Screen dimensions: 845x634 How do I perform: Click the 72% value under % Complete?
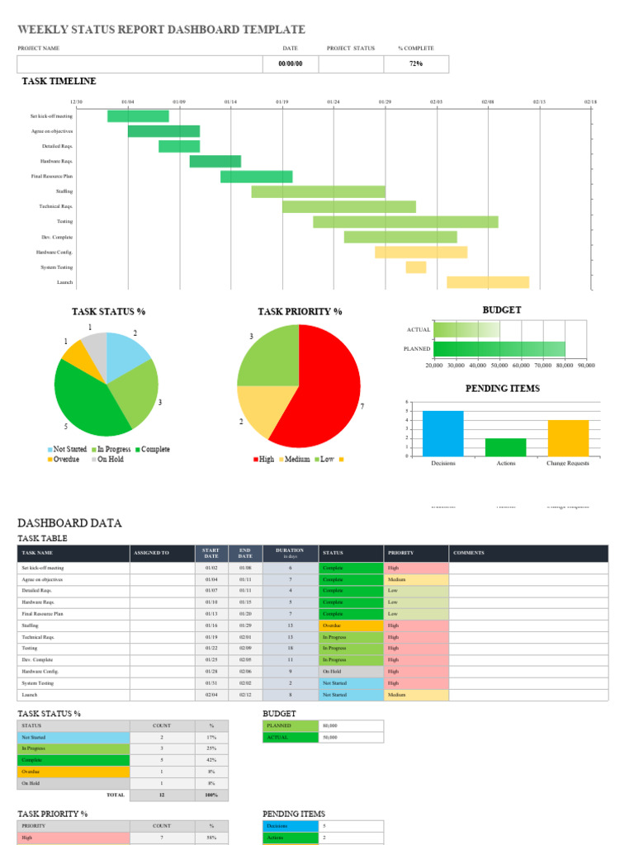[x=416, y=64]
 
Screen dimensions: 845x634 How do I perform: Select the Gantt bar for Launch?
[x=488, y=282]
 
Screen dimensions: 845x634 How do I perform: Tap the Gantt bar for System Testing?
[x=416, y=267]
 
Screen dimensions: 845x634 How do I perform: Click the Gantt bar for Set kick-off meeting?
[x=138, y=116]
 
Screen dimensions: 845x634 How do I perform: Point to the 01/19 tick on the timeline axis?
[x=282, y=101]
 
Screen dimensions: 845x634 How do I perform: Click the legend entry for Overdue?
[x=64, y=459]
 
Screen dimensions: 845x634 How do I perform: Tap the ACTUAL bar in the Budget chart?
[x=466, y=329]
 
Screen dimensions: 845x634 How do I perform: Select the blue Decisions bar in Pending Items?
[x=443, y=433]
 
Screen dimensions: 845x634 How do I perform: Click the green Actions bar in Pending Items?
[x=505, y=446]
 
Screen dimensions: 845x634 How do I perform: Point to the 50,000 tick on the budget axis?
[x=498, y=364]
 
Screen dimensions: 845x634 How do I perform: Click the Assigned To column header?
[x=152, y=553]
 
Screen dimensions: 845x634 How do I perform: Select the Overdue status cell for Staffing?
[x=351, y=625]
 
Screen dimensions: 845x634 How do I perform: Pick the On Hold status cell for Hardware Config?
[x=351, y=672]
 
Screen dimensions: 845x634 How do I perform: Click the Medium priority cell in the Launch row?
[x=416, y=695]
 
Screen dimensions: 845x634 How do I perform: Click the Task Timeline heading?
[x=59, y=81]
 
